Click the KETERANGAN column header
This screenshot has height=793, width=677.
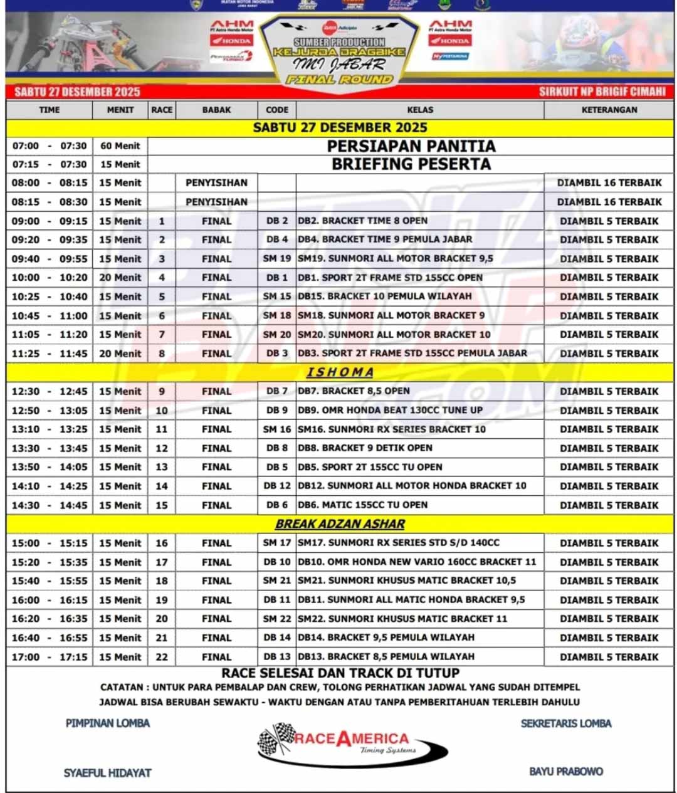click(x=609, y=110)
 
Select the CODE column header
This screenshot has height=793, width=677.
click(x=276, y=110)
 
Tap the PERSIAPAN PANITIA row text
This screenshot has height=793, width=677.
click(x=411, y=146)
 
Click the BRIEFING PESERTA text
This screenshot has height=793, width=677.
click(x=411, y=164)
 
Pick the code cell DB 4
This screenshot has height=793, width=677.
click(x=276, y=239)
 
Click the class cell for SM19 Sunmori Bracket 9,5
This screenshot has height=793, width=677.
click(x=396, y=258)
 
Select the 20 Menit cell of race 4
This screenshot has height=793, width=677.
click(x=120, y=277)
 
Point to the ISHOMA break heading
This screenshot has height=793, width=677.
click(x=340, y=372)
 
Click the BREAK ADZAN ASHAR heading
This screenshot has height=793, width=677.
click(x=340, y=524)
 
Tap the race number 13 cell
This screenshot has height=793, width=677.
click(x=162, y=467)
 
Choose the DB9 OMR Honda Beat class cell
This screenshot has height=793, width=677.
click(x=390, y=410)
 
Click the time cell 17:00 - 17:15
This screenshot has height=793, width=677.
click(x=50, y=657)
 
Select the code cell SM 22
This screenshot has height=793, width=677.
click(x=276, y=619)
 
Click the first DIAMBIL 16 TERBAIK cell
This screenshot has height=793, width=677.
click(x=609, y=183)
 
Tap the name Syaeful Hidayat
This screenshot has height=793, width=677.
click(x=107, y=773)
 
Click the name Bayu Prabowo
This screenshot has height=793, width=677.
click(x=566, y=771)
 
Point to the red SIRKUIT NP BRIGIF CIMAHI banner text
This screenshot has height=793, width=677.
click(x=602, y=92)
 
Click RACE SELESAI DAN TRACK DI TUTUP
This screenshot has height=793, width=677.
click(x=340, y=673)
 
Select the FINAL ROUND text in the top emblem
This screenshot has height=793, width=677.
click(x=339, y=80)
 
